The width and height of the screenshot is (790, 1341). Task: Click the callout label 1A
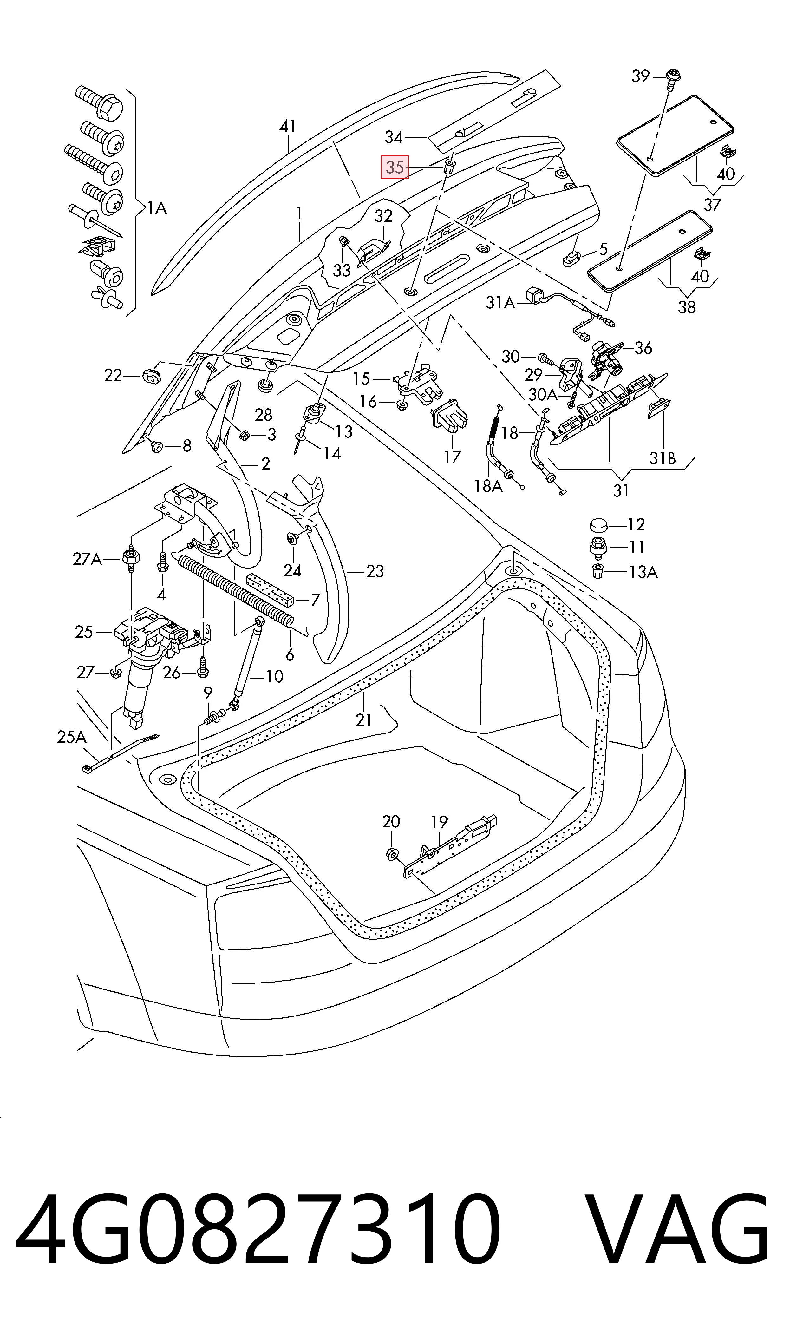point(157,208)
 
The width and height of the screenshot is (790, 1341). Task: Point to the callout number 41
point(287,126)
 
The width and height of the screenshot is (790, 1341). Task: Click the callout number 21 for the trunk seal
point(363,720)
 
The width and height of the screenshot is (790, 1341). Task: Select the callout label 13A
point(643,572)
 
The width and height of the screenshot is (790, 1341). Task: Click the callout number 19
point(439,823)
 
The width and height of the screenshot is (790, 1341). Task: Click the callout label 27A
point(87,559)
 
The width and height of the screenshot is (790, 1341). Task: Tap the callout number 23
point(375,571)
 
